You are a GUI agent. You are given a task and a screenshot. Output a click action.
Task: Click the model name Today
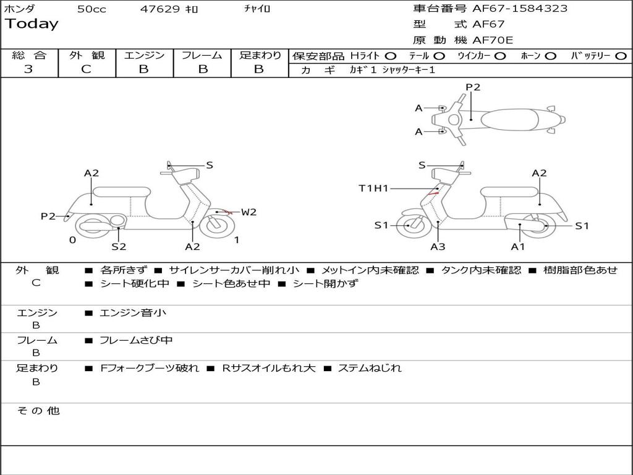coord(32,24)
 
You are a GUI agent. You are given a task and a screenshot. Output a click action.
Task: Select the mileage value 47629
coord(160,9)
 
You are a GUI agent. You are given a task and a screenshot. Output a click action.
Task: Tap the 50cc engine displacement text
coord(91,9)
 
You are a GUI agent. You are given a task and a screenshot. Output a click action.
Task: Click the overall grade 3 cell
coord(28,69)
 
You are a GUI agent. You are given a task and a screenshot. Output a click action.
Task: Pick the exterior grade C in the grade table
coord(86,69)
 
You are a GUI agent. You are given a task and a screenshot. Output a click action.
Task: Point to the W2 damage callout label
coord(249,212)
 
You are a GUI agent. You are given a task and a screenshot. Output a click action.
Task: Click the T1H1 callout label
coord(373,188)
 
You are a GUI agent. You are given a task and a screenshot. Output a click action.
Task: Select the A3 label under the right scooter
coord(438,247)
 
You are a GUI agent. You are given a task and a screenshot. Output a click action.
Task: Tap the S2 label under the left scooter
coord(119,247)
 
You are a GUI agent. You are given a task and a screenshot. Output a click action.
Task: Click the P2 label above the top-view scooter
coord(473,87)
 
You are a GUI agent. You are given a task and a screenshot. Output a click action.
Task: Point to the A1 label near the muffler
coord(518,247)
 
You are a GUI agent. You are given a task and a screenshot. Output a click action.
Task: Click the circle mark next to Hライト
coord(390,56)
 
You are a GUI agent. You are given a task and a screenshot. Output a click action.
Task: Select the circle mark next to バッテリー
coord(621,56)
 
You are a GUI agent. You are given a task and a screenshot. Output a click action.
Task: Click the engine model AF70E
coord(493,40)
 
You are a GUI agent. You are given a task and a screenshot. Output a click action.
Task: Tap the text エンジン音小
coord(133,313)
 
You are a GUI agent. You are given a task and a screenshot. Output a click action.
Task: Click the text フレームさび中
coord(136,340)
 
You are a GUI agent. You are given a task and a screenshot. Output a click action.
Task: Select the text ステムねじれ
coord(370,368)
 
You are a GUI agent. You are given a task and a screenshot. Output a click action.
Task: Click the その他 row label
coord(38,411)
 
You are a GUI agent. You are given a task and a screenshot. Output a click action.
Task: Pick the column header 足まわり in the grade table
coord(260,56)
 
